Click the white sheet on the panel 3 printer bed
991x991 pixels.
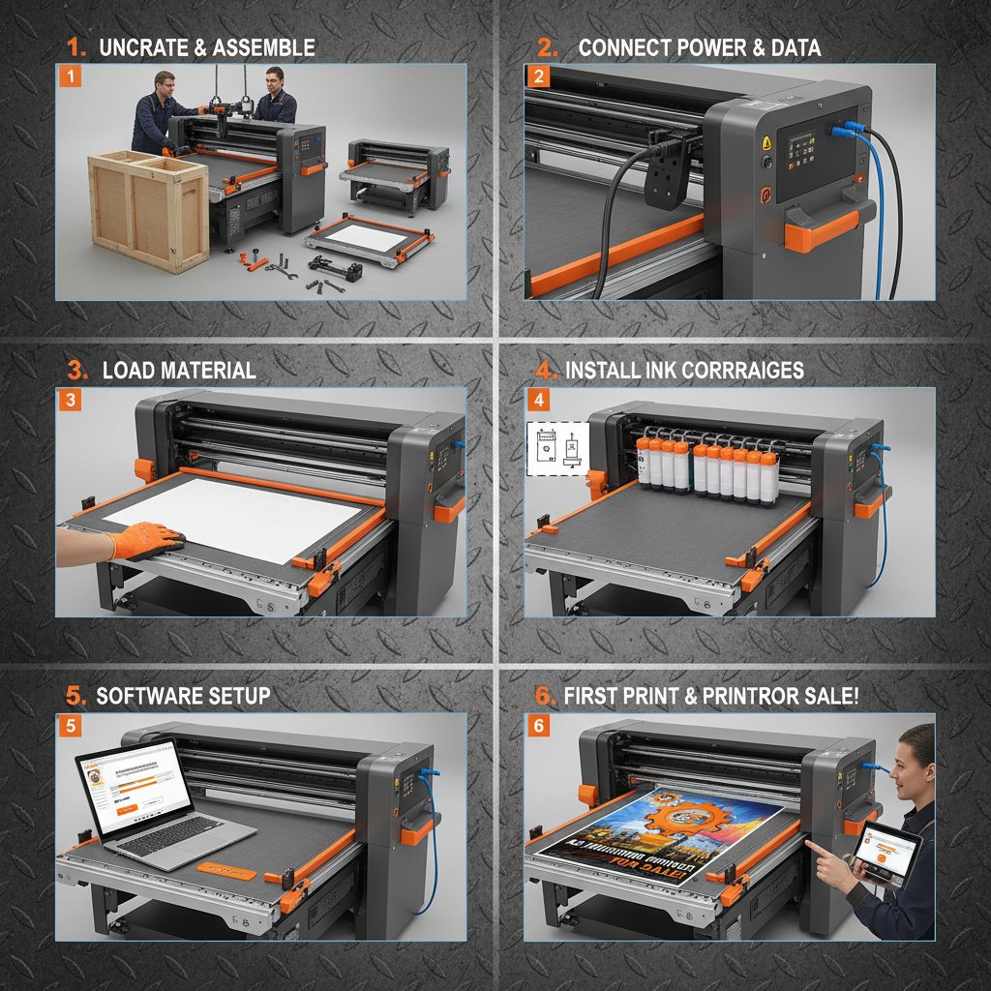pyautogui.click(x=242, y=518)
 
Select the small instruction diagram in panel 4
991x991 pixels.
pyautogui.click(x=558, y=448)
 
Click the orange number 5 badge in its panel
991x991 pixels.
pyautogui.click(x=69, y=725)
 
